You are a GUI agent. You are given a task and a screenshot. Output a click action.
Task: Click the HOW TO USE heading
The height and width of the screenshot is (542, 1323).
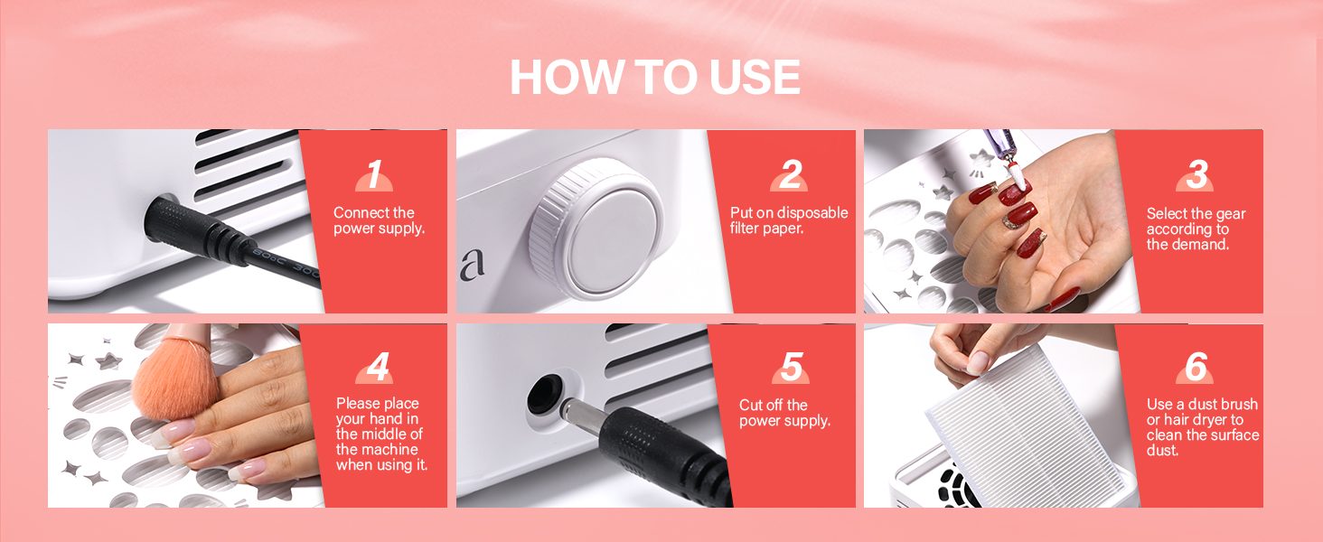click(x=655, y=77)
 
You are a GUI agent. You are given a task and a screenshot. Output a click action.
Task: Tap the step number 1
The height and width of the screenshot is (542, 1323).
click(x=374, y=174)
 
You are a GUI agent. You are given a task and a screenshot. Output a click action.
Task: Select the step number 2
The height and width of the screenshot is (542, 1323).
click(x=791, y=174)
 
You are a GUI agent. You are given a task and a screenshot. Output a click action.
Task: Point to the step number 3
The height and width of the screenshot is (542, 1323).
click(x=1197, y=174)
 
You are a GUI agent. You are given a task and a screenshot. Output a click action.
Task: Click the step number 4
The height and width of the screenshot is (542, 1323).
click(x=378, y=367)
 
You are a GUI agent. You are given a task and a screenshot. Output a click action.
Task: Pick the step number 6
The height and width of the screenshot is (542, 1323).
click(x=1196, y=367)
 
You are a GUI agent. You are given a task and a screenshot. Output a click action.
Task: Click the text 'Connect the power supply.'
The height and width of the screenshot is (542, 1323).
click(x=379, y=220)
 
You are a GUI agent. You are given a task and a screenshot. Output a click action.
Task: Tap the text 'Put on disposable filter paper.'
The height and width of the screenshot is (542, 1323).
click(x=789, y=220)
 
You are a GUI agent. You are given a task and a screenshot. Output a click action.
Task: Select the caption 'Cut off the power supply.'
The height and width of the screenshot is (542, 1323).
click(x=784, y=413)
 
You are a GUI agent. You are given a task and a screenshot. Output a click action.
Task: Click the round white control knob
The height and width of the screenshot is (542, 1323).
click(x=596, y=229)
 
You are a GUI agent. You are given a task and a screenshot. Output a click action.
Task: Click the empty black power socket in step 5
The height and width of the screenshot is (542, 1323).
click(x=544, y=394)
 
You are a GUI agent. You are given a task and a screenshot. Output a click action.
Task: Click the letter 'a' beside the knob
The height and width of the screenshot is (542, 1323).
click(x=473, y=264)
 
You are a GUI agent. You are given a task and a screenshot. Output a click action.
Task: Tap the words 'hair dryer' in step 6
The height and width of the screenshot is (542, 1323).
click(x=1196, y=420)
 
